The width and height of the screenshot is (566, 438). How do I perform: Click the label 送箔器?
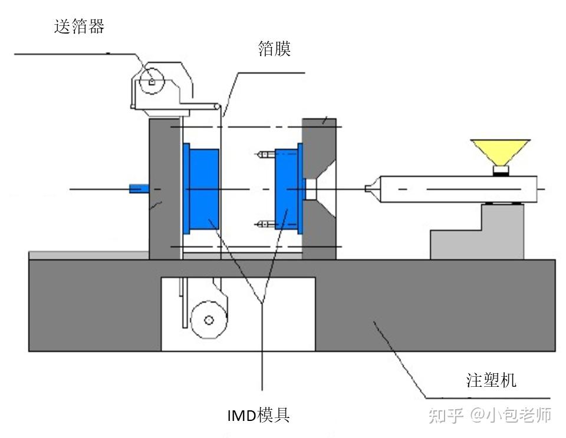pyautogui.click(x=79, y=27)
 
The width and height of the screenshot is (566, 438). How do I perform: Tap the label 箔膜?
pyautogui.click(x=274, y=48)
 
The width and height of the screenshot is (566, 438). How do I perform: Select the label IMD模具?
pyautogui.click(x=259, y=416)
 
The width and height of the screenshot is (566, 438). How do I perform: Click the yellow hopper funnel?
pyautogui.click(x=500, y=152)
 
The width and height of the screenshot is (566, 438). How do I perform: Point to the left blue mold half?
pyautogui.click(x=202, y=189)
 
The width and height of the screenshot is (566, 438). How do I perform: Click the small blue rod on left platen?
pyautogui.click(x=138, y=188)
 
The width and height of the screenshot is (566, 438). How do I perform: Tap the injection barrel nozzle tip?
pyautogui.click(x=370, y=189)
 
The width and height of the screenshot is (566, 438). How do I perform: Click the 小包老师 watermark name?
pyautogui.click(x=519, y=415)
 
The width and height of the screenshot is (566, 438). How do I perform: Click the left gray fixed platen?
pyautogui.click(x=164, y=188)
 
